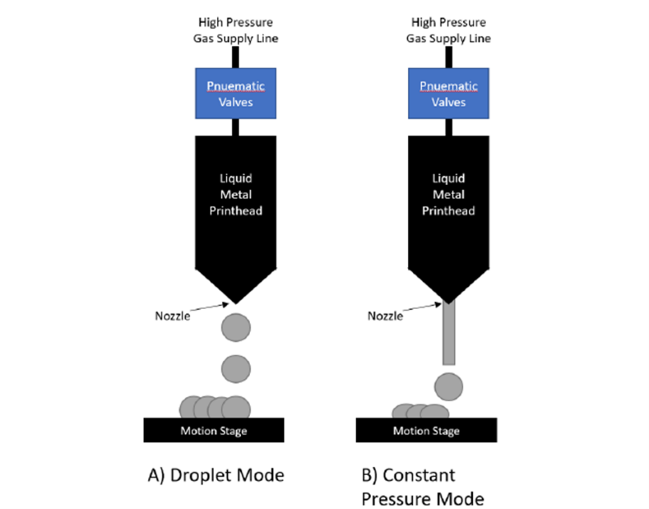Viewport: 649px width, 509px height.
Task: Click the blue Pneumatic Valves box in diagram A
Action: coord(236,93)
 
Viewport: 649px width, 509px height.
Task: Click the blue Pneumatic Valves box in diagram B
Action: coord(448,93)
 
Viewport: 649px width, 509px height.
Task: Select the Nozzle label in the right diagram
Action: coord(384,316)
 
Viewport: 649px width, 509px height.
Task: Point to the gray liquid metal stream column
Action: coord(448,333)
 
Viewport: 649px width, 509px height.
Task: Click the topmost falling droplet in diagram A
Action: coord(236,326)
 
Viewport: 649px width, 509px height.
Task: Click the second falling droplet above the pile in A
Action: coord(236,367)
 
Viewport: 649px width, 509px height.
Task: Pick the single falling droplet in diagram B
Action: coord(448,386)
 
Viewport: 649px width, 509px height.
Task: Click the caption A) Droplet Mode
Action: coord(215,475)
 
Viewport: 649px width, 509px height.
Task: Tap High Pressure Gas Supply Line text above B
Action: coord(448,30)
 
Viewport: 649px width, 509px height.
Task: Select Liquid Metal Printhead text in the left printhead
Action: coord(236,195)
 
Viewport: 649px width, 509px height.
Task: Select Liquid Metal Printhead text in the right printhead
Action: coord(448,195)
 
